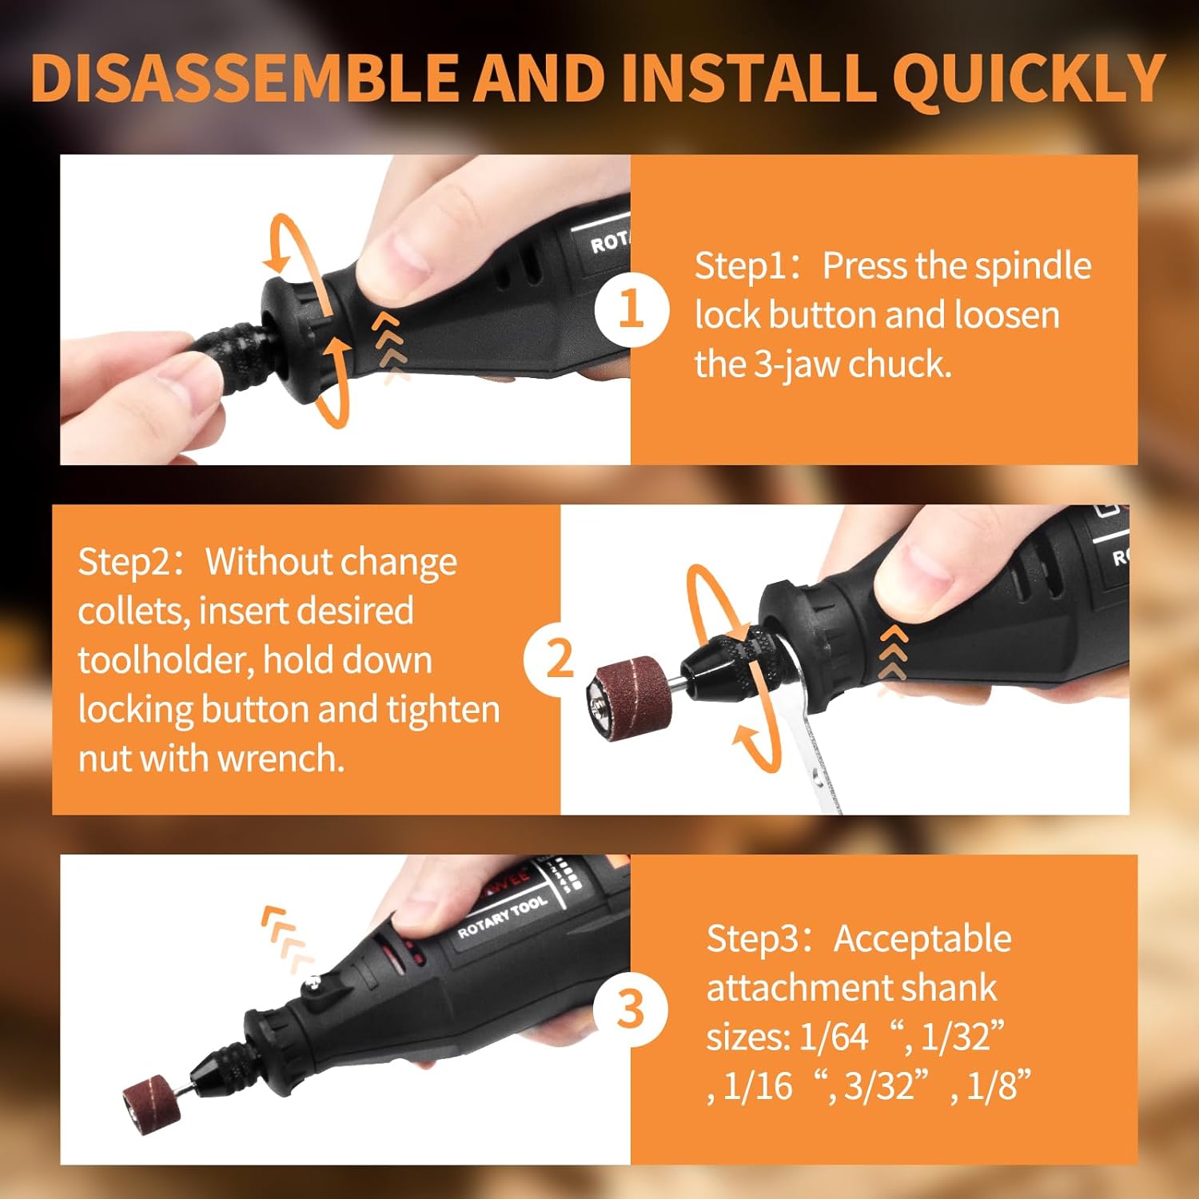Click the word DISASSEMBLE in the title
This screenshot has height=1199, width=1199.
coord(244,78)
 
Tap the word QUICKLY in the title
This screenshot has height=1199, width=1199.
coord(1029,78)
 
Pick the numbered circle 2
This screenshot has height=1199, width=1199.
coord(560,658)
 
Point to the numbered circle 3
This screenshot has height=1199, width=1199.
coord(631,1009)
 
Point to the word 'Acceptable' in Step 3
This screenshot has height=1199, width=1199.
coord(922,938)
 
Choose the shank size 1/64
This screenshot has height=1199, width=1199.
coord(833,1037)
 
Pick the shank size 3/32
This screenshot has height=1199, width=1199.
coord(878,1086)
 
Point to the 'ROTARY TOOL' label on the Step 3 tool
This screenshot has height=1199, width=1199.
coord(502,916)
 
